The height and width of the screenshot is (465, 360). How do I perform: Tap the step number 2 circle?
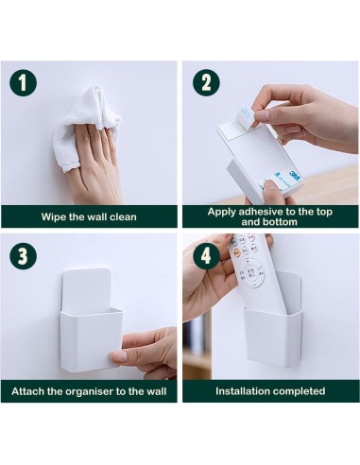tap(203, 82)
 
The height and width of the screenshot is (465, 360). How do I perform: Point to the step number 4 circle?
tap(202, 256)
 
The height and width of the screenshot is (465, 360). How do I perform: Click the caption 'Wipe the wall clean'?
tap(89, 216)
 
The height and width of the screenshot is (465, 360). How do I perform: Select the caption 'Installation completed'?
tap(270, 390)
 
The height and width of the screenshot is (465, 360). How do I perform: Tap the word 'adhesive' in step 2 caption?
tap(250, 211)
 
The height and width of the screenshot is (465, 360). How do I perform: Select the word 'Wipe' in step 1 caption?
tap(54, 216)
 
